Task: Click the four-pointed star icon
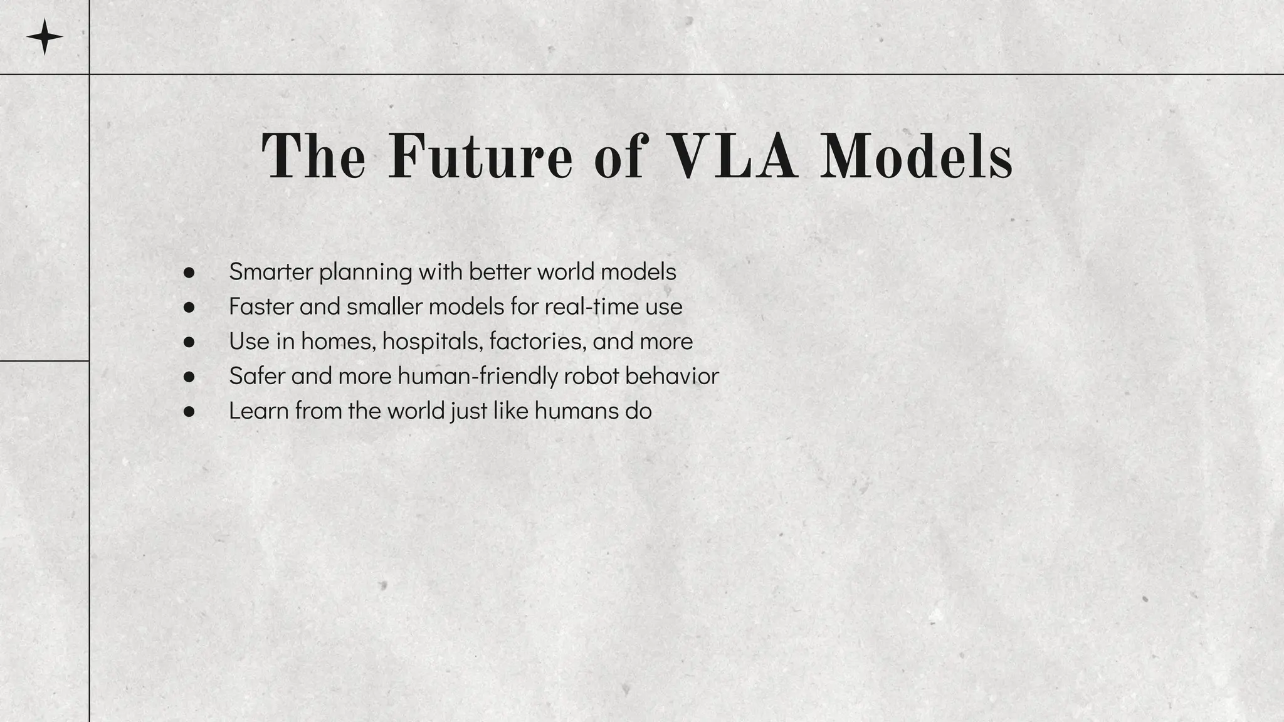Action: point(45,37)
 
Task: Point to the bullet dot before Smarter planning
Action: point(189,273)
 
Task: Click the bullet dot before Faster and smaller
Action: point(189,307)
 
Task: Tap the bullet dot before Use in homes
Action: point(189,342)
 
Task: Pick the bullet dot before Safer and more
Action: point(189,377)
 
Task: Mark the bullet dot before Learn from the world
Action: point(189,412)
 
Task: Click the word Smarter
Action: point(270,272)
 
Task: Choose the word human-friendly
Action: point(477,376)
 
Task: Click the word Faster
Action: point(261,306)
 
